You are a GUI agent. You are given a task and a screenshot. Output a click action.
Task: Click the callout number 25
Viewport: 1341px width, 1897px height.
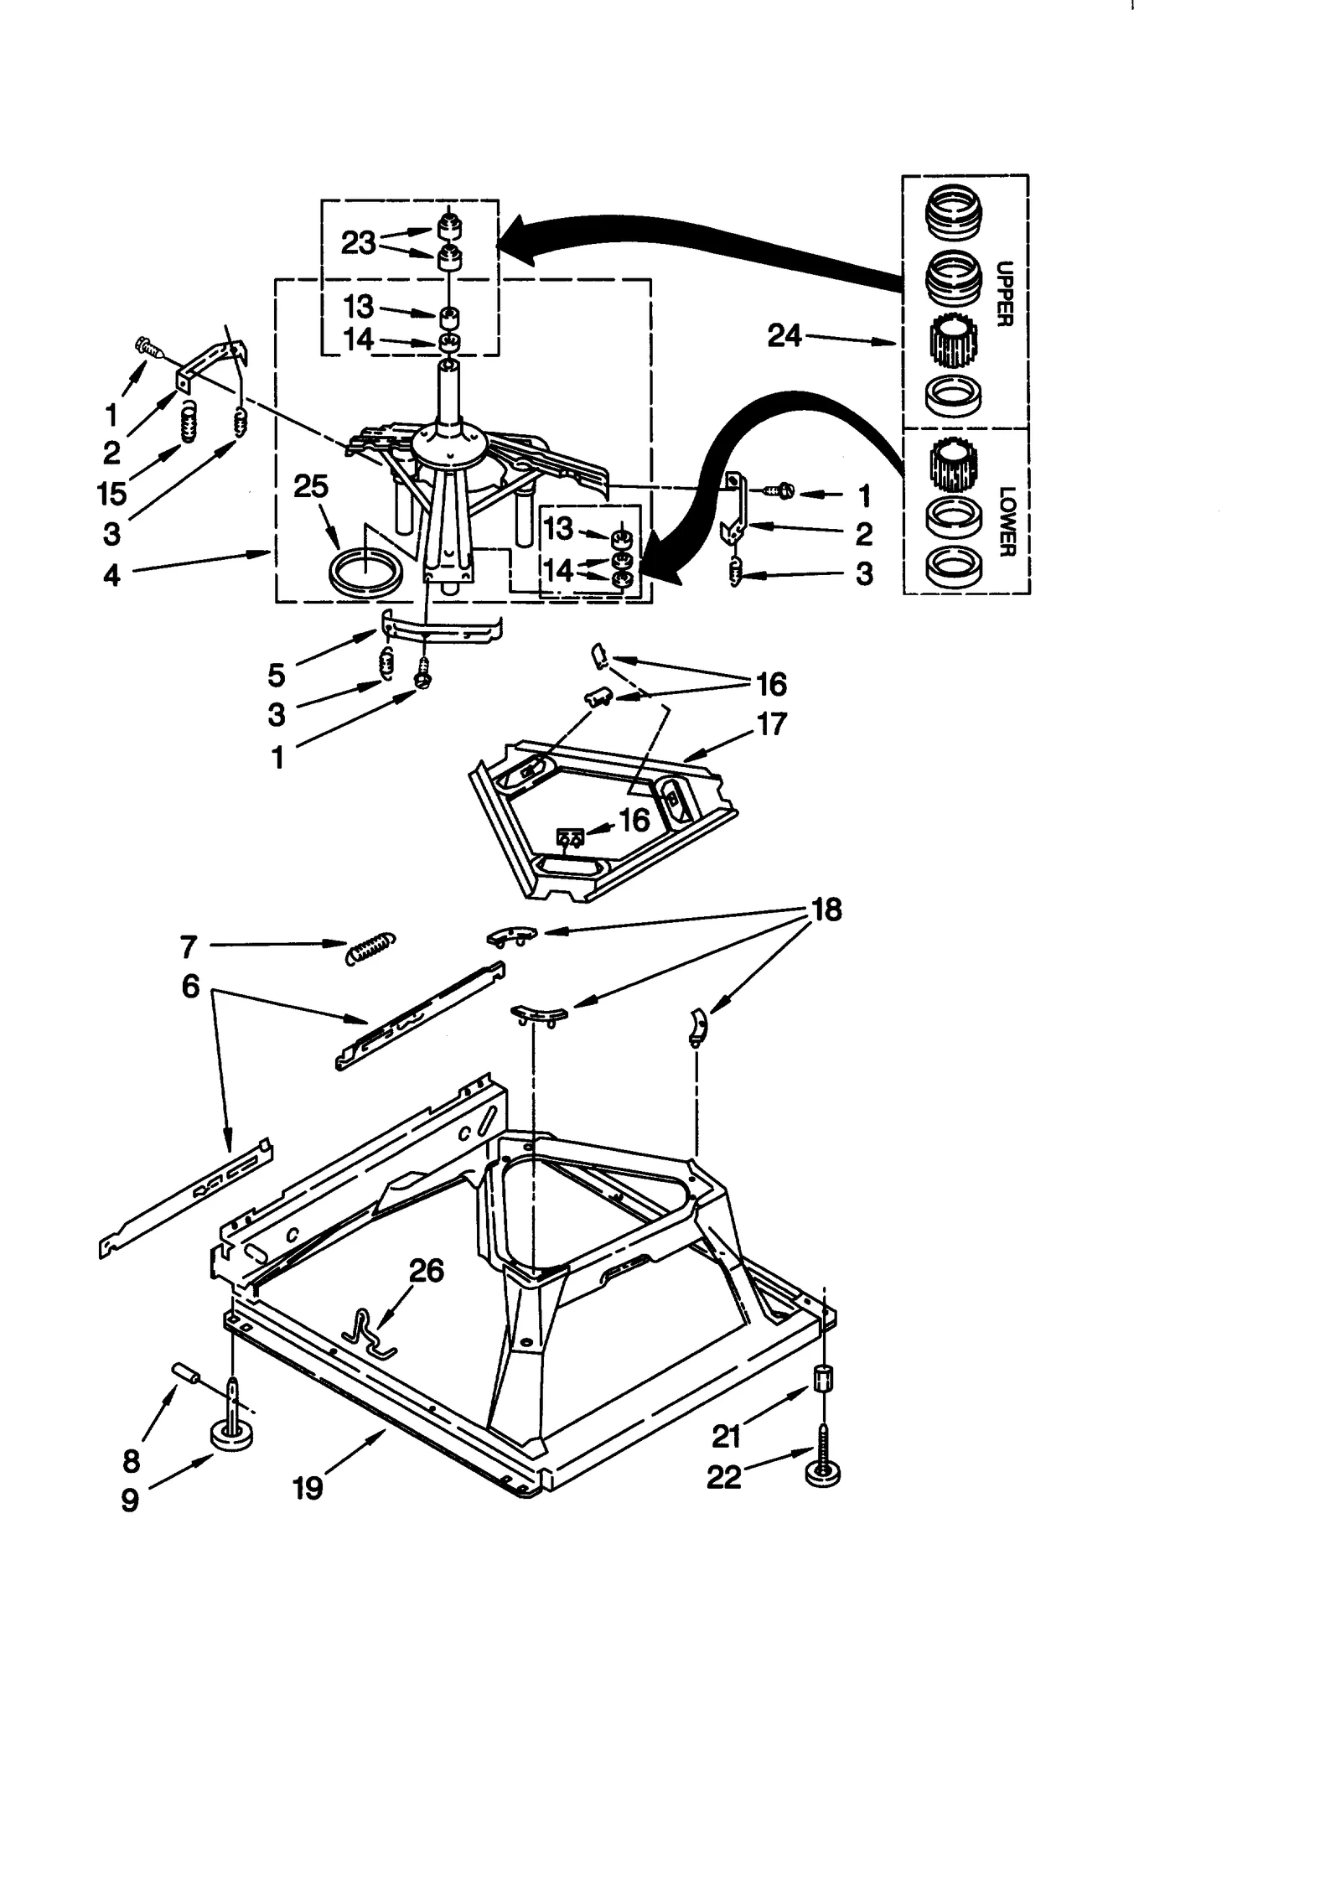(x=310, y=487)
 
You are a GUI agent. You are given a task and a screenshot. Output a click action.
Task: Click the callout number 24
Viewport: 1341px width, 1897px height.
(x=784, y=336)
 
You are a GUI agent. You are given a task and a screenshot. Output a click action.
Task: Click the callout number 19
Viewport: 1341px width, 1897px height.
(x=308, y=1489)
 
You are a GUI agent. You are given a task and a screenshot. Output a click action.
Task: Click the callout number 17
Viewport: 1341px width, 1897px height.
(x=771, y=723)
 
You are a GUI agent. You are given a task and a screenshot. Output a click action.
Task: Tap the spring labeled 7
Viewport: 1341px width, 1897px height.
(x=370, y=949)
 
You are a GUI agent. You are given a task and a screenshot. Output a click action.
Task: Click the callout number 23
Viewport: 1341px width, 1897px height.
(x=358, y=243)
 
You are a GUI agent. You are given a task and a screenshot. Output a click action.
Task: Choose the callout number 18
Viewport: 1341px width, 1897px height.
(x=826, y=910)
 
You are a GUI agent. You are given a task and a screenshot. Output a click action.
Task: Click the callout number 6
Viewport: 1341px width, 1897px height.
(x=190, y=987)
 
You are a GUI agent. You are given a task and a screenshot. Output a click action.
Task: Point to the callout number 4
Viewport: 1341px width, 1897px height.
(x=111, y=575)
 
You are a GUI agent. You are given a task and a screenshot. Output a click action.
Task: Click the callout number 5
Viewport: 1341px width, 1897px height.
(x=277, y=674)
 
